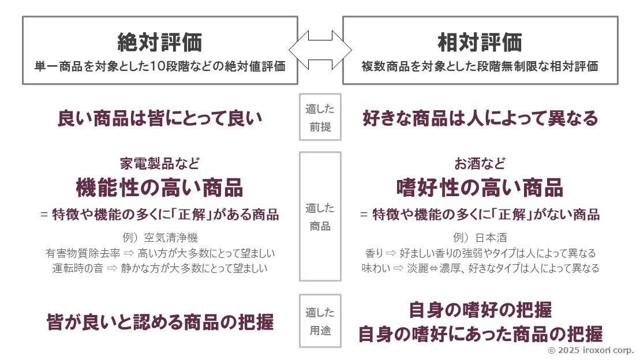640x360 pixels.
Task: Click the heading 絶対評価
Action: [159, 42]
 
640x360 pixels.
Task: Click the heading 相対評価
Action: [480, 42]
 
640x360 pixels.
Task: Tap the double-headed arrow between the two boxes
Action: [320, 50]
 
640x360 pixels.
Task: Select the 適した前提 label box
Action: [320, 118]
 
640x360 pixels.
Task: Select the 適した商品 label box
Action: [320, 217]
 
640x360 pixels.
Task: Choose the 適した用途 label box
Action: [320, 321]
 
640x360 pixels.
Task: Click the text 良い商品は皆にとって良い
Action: [159, 119]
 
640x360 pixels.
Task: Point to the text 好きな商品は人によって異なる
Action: [480, 119]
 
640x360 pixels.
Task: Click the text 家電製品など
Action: [159, 163]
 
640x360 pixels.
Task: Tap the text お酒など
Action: [480, 163]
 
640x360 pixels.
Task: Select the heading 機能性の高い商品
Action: [159, 187]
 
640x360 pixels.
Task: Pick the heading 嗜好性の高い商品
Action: [480, 187]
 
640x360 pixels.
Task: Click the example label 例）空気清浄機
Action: [159, 238]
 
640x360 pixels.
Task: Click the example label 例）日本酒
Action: [480, 238]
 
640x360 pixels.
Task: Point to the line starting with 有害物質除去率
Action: [160, 253]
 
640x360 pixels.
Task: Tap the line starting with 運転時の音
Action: [160, 268]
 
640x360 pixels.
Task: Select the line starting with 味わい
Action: [480, 268]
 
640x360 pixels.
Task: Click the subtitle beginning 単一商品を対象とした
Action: [160, 66]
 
